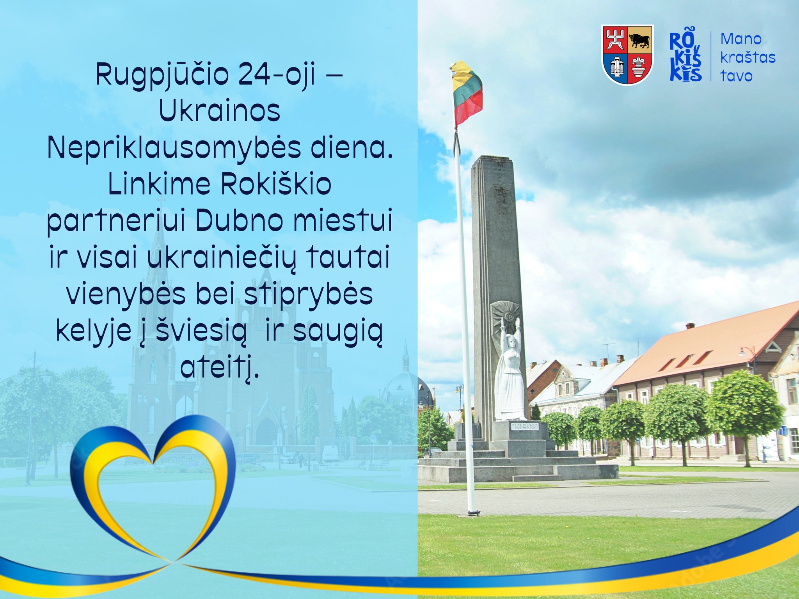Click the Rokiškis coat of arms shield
click(x=627, y=55)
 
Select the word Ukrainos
click(x=220, y=111)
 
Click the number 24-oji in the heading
click(x=276, y=75)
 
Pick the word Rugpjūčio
click(x=162, y=76)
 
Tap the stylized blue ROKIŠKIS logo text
click(x=685, y=57)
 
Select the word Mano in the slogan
click(x=741, y=39)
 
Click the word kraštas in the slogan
click(x=748, y=57)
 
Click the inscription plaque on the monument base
click(x=525, y=426)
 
